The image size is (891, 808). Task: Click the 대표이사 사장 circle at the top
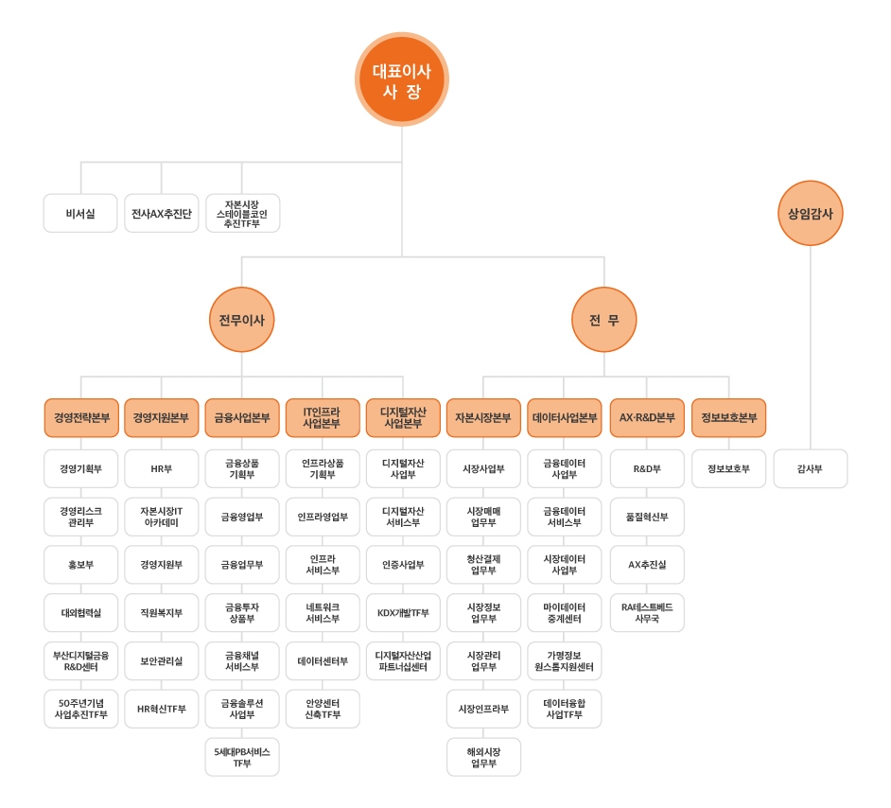pos(402,79)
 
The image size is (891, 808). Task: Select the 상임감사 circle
pos(811,213)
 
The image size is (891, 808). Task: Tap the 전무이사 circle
pos(241,320)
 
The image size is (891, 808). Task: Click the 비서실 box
pos(80,213)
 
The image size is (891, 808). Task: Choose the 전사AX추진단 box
pos(162,213)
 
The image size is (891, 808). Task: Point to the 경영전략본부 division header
pos(81,417)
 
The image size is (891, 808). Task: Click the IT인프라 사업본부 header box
pos(323,417)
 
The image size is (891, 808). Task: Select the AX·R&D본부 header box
pos(647,417)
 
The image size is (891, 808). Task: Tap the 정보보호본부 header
pos(728,417)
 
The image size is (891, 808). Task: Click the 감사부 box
pos(811,468)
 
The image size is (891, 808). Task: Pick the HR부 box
pos(162,468)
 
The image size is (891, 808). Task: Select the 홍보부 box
pos(80,565)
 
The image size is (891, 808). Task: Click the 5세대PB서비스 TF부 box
pos(242,757)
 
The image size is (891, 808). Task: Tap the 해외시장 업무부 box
pos(483,757)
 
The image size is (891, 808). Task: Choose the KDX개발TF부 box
pos(403,612)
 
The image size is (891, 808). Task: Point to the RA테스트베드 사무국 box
pos(647,612)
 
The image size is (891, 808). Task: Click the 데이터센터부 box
pos(323,660)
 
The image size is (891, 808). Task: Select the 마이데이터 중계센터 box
pos(565,612)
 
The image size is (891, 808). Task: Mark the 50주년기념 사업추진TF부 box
pos(80,709)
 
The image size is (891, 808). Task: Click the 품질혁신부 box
pos(647,517)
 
